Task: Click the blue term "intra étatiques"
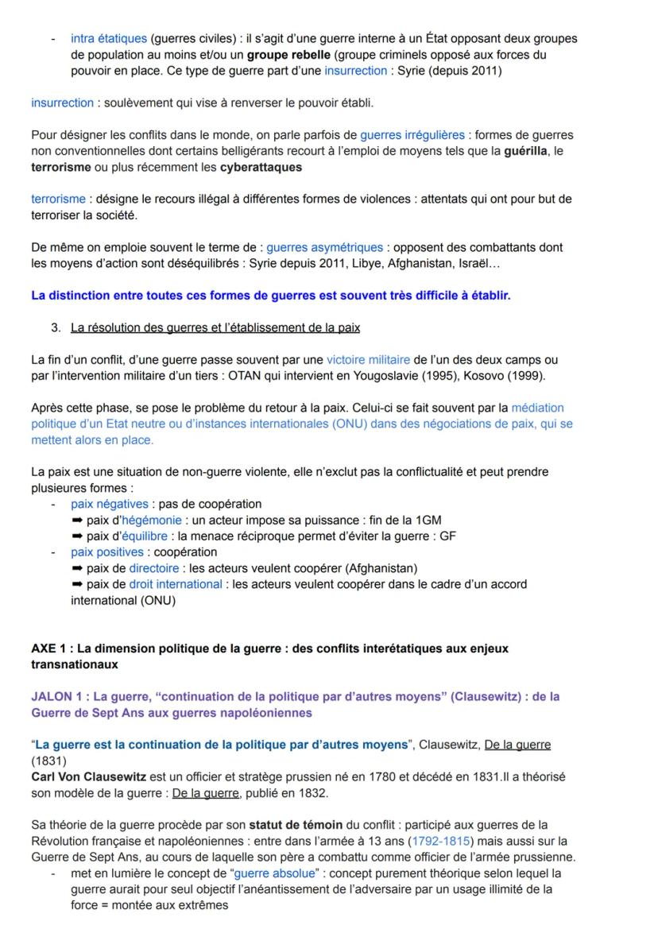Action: tap(109, 38)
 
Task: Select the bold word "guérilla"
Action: tap(526, 151)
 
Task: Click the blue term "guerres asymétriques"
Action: tap(324, 248)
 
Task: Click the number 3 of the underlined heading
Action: tap(55, 328)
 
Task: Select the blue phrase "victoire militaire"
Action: tap(368, 360)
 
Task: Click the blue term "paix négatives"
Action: tap(109, 504)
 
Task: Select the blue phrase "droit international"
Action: tap(176, 584)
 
